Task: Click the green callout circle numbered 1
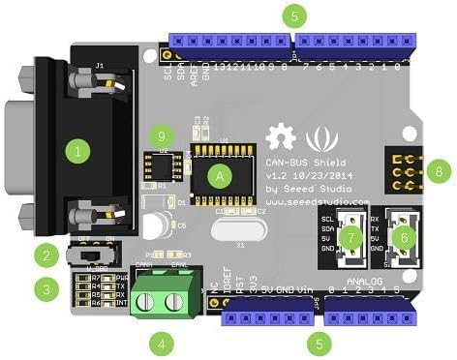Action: click(x=76, y=151)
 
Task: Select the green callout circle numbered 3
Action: click(x=45, y=287)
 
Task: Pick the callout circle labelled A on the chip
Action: click(x=220, y=174)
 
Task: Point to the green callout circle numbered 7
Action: click(x=353, y=235)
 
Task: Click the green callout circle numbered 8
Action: click(x=442, y=171)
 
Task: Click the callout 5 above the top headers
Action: click(x=296, y=15)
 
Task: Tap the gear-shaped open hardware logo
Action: click(x=281, y=136)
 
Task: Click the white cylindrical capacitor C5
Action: click(x=154, y=226)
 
